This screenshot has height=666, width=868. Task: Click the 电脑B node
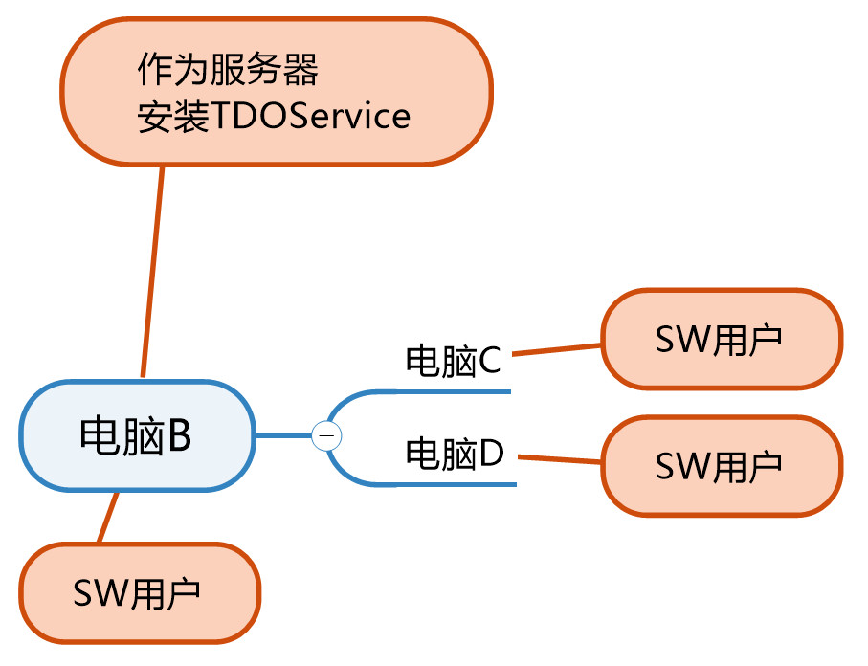(x=137, y=435)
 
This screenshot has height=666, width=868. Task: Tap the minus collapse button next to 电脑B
(x=326, y=435)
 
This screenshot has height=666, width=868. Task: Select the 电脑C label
(x=453, y=361)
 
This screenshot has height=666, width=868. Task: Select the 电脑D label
(x=455, y=454)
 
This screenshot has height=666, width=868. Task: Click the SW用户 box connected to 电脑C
(x=722, y=339)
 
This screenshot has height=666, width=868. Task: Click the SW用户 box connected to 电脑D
(x=722, y=466)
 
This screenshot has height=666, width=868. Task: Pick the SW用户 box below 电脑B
(x=140, y=593)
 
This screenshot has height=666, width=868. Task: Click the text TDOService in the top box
(x=311, y=116)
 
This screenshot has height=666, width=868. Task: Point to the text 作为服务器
(x=228, y=69)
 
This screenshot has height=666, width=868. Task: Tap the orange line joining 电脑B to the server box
(x=152, y=272)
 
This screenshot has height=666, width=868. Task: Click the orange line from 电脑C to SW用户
(x=556, y=350)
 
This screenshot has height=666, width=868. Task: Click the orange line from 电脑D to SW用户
(x=559, y=459)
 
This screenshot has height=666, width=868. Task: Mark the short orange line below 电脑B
(x=108, y=517)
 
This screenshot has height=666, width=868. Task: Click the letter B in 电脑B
(x=179, y=435)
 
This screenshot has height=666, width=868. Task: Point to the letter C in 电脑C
(x=489, y=361)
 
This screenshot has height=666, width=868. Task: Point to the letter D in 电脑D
(x=492, y=453)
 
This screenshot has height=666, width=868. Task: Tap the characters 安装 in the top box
(x=173, y=116)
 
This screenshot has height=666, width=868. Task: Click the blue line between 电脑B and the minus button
(x=284, y=435)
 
